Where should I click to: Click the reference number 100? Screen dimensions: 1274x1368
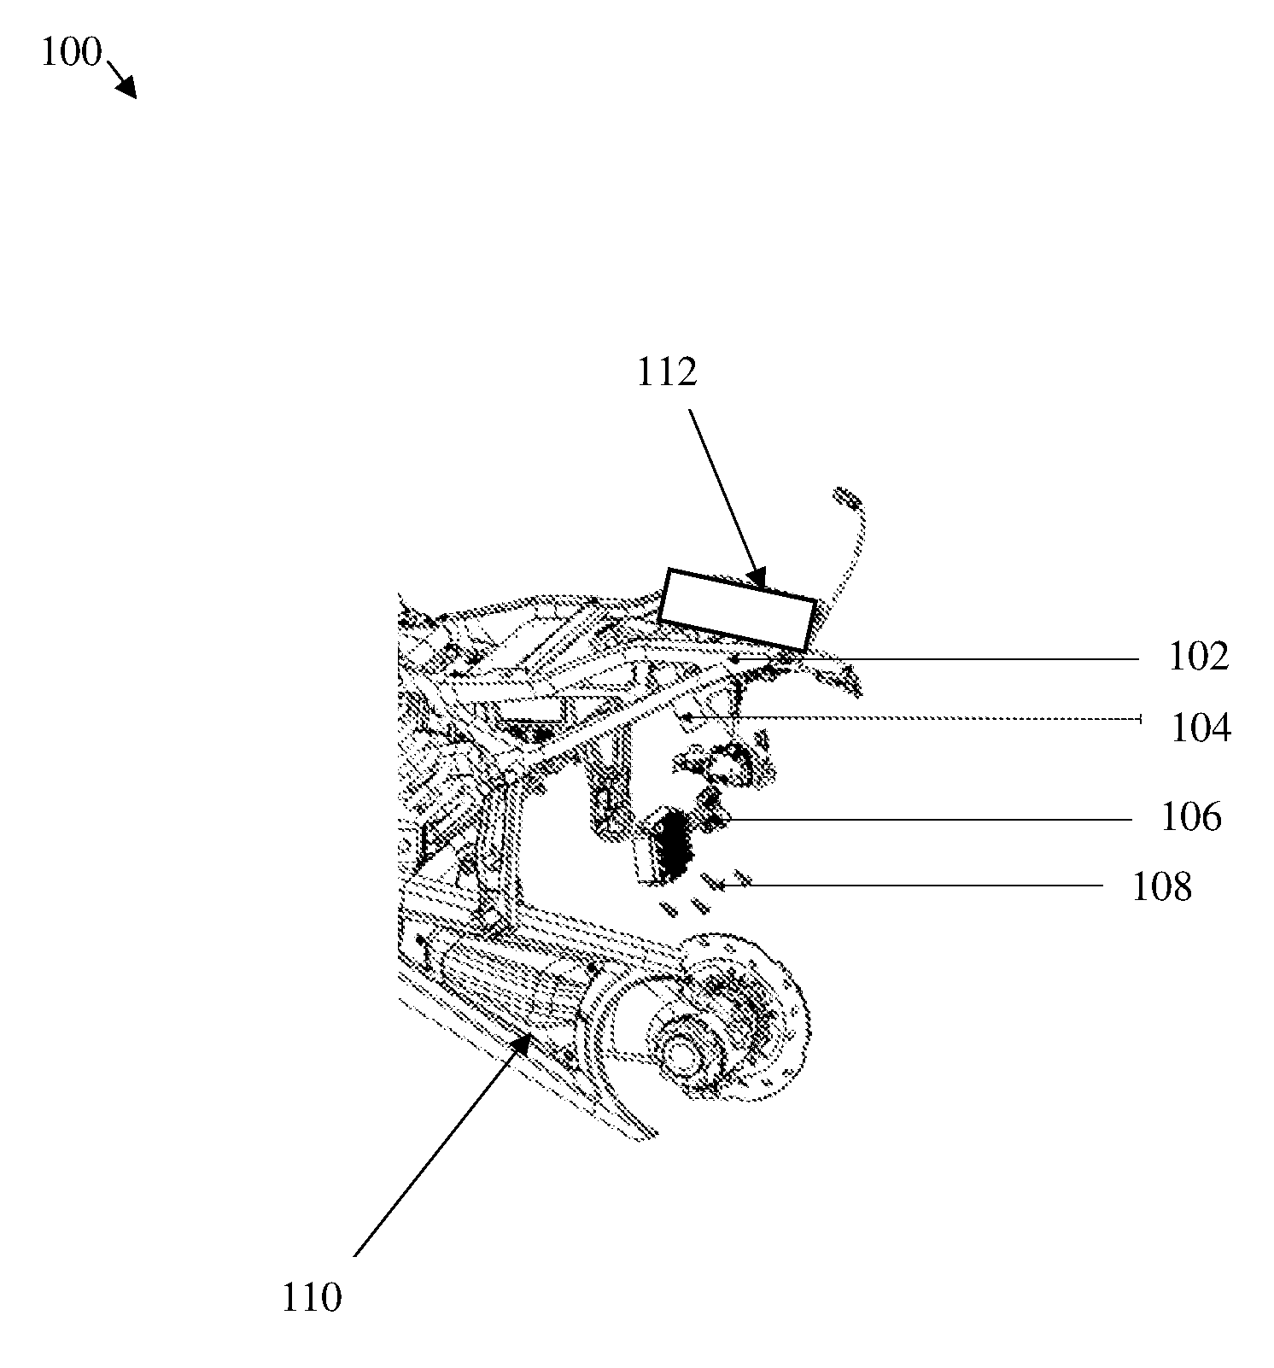point(71,53)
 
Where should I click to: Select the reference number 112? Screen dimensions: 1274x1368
point(667,372)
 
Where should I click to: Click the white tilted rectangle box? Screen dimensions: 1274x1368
point(738,610)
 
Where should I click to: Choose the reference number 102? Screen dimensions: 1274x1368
point(1198,657)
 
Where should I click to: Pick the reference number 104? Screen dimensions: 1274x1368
point(1201,728)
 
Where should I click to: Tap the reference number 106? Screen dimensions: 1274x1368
point(1191,817)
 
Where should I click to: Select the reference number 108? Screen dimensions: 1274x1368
point(1161,887)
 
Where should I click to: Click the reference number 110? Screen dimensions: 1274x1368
point(311,1299)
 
